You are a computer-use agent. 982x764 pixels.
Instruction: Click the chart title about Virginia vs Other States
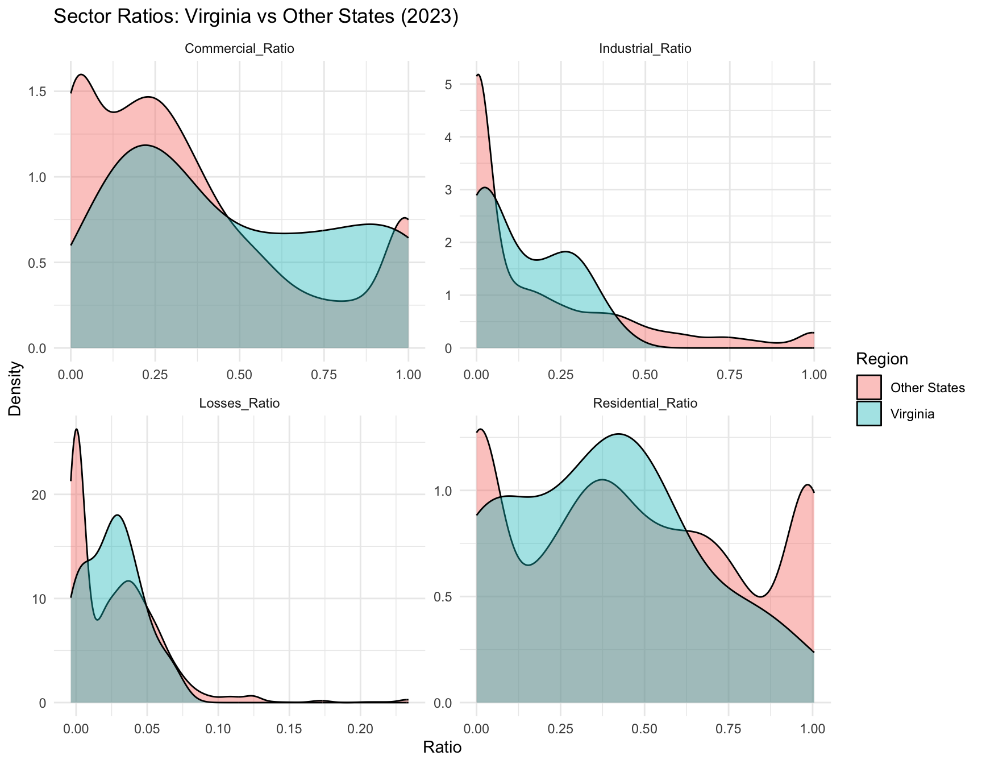point(256,17)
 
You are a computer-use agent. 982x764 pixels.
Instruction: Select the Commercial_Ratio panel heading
point(239,49)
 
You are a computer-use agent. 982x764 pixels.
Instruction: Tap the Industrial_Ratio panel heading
point(645,49)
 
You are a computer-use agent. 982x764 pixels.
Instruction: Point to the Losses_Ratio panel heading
point(239,404)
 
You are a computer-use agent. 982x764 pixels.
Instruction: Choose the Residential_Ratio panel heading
point(645,404)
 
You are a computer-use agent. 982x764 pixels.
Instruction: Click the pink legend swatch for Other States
point(869,388)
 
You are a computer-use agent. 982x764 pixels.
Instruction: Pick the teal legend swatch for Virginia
point(869,413)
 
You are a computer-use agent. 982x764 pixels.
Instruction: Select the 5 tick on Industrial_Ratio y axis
point(464,85)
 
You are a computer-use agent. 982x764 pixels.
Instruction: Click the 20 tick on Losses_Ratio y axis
point(46,495)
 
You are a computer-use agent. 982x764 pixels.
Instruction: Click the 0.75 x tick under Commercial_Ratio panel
point(324,375)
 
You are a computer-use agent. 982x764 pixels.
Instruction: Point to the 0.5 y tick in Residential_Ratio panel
point(455,597)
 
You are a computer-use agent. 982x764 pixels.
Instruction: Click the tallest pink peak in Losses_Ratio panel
point(76,430)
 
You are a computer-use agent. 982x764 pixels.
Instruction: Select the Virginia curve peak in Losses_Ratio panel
point(117,515)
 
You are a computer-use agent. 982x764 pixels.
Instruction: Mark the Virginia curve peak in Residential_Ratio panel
point(618,434)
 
